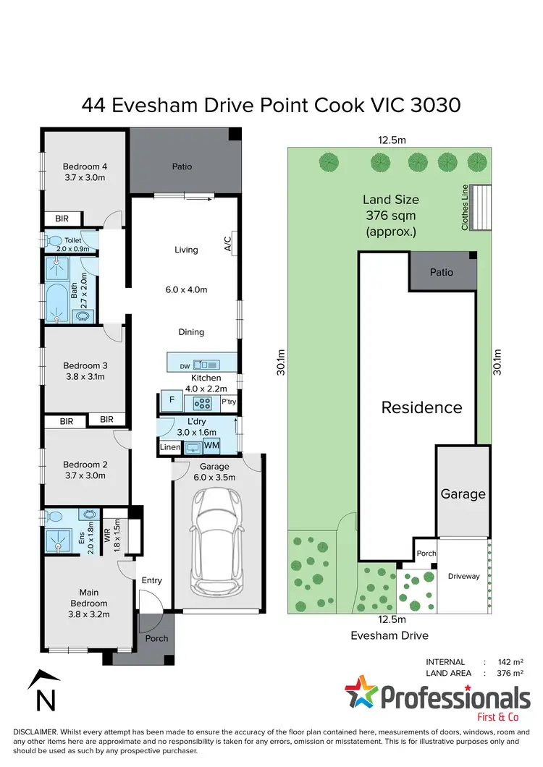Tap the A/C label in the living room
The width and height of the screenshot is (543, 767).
(227, 243)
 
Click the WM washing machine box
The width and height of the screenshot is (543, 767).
(211, 445)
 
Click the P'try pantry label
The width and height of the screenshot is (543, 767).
(228, 402)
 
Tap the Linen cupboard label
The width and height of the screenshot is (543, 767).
(170, 449)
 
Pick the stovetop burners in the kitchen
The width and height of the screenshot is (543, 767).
(204, 403)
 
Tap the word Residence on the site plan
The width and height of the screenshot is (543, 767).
(421, 407)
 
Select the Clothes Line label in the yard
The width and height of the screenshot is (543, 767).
(466, 207)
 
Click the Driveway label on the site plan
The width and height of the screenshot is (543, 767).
(463, 576)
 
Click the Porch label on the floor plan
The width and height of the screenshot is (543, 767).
(156, 638)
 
